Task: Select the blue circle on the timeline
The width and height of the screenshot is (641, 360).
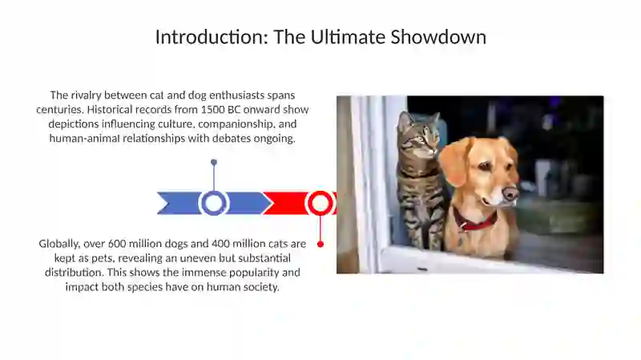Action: click(214, 203)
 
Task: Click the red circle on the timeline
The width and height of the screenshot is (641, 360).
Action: click(320, 203)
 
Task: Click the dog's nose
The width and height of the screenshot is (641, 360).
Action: click(510, 193)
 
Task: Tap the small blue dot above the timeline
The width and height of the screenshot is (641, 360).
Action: click(214, 163)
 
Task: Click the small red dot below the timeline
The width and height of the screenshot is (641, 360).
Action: click(320, 244)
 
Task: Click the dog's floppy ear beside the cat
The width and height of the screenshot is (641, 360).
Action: click(453, 160)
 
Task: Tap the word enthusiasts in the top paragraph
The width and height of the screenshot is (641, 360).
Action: click(231, 95)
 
